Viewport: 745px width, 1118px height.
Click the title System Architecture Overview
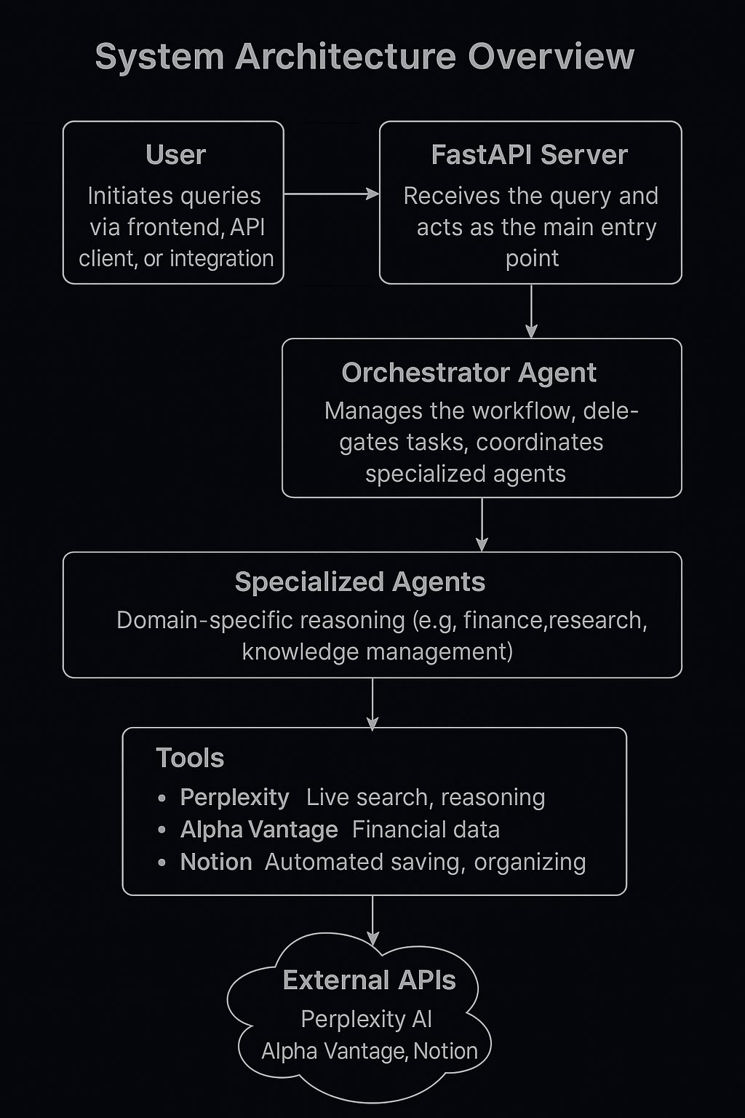click(x=364, y=57)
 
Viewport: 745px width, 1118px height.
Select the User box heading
click(x=175, y=155)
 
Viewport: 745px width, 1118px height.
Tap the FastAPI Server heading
click(x=529, y=155)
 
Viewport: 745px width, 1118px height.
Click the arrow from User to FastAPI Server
click(x=331, y=194)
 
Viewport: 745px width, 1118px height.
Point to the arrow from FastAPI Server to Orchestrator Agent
click(x=531, y=311)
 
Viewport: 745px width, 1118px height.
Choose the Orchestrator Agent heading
click(x=469, y=373)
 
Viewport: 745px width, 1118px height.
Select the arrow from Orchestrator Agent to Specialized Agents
click(x=482, y=524)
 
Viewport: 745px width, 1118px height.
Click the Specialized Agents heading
click(x=359, y=582)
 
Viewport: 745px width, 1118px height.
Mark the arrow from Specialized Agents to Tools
click(x=372, y=703)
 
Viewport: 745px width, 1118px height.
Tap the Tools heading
click(x=190, y=758)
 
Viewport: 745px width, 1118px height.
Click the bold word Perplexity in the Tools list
click(x=234, y=798)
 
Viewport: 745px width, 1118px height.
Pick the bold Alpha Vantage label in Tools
click(x=259, y=830)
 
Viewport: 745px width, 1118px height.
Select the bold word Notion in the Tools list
click(x=216, y=862)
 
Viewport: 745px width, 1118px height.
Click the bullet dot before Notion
click(x=162, y=863)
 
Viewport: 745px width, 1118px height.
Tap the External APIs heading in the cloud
click(x=369, y=980)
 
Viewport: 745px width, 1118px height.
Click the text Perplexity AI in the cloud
click(x=366, y=1019)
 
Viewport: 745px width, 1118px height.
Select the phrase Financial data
click(x=426, y=830)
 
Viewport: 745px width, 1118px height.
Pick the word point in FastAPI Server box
click(x=532, y=258)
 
